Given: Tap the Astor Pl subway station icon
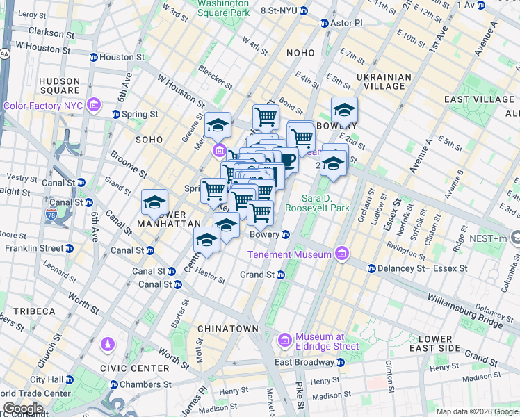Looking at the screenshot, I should [324, 23].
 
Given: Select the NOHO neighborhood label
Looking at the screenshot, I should [300, 53].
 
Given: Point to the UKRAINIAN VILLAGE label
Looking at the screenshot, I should [380, 81].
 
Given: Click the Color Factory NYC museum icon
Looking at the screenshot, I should [94, 106].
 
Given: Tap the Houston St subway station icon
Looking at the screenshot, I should [93, 57].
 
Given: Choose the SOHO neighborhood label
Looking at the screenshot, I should [149, 140].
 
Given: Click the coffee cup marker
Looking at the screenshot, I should [286, 159].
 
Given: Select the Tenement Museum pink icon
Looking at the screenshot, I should [341, 254].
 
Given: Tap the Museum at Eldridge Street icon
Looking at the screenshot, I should [284, 341].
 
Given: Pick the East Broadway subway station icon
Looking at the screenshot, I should [340, 362].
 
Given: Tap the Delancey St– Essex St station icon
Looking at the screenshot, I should [371, 268].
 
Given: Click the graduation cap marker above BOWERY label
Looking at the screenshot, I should [344, 110].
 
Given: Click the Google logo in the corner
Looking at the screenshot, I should [23, 409].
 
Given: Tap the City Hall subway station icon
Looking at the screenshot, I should [70, 380].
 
